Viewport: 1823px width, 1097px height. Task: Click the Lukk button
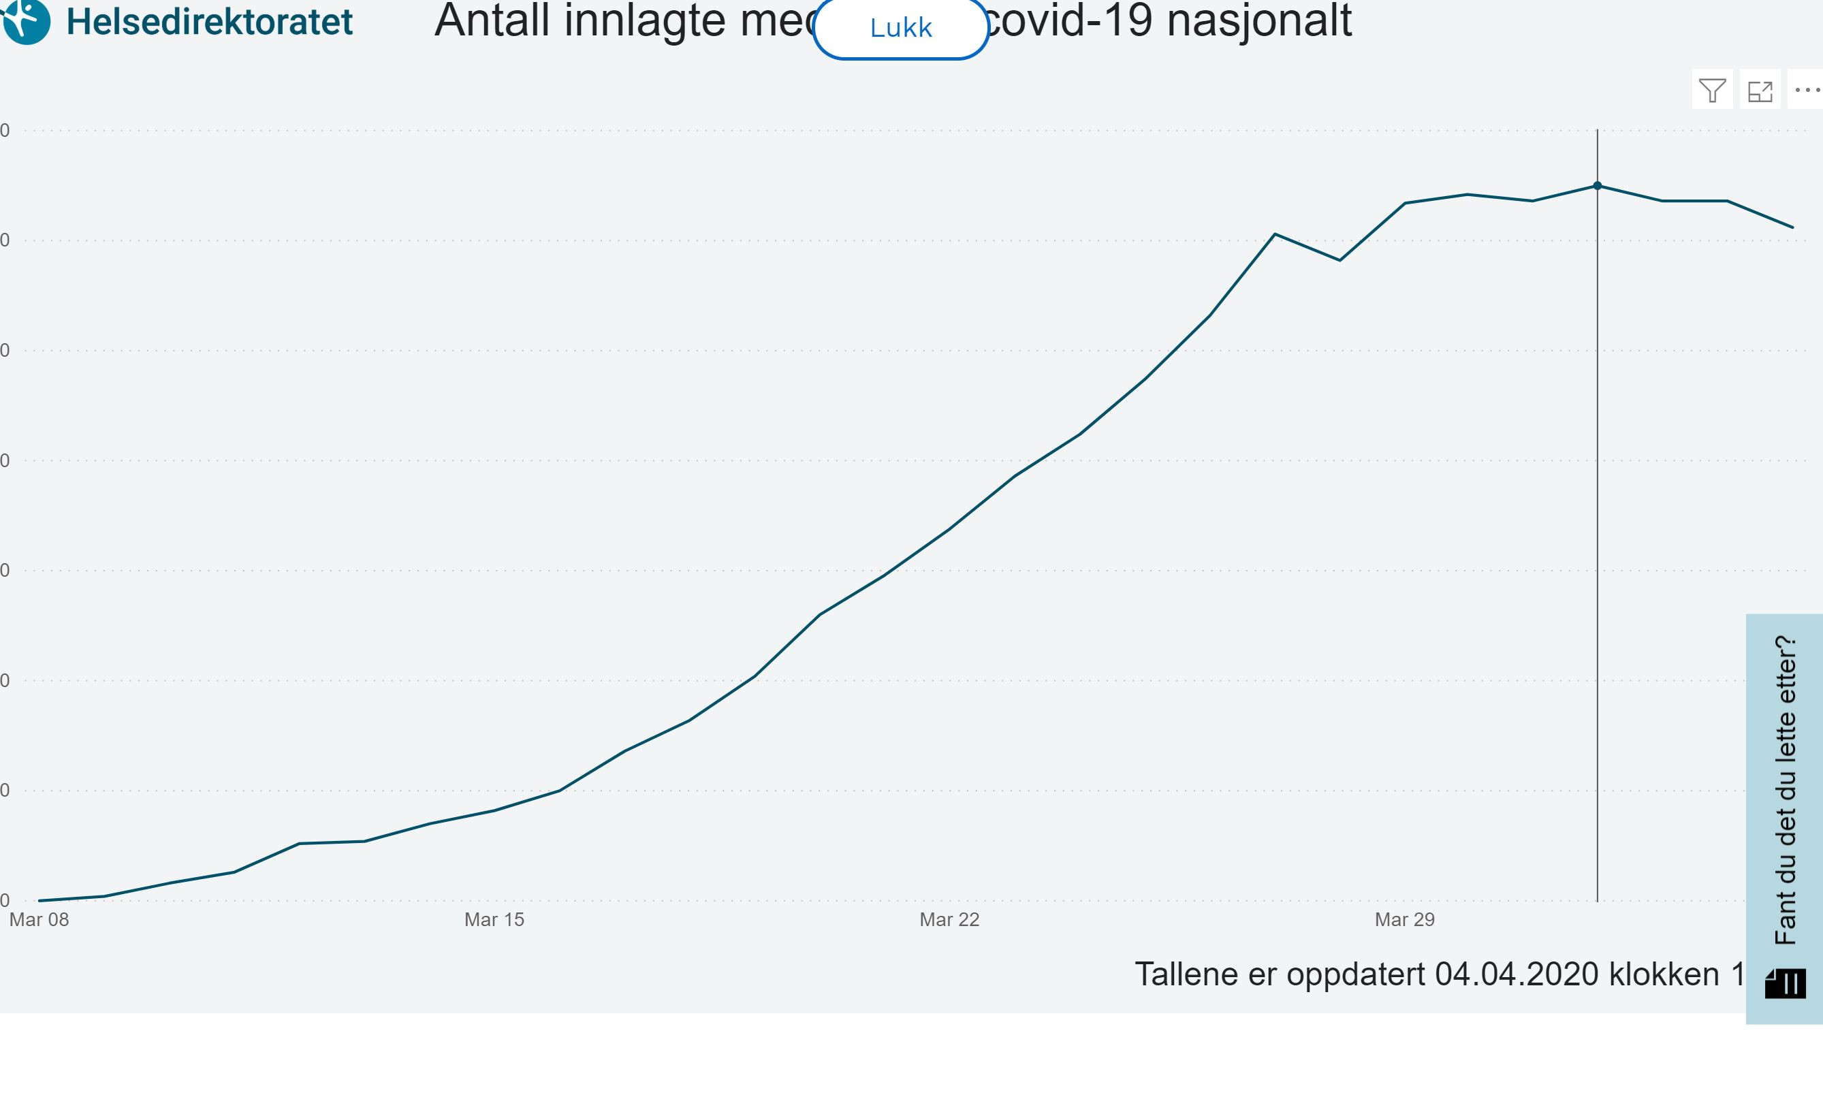tap(900, 28)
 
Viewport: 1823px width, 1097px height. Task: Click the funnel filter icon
tap(1712, 90)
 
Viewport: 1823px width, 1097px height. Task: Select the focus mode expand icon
tap(1760, 90)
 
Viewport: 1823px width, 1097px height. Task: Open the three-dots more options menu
tap(1807, 90)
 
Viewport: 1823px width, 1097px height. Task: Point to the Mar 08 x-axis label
tap(39, 919)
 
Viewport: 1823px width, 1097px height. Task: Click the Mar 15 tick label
tap(494, 919)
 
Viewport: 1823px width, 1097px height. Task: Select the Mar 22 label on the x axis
tap(949, 919)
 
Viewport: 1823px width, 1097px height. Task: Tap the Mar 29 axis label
tap(1404, 919)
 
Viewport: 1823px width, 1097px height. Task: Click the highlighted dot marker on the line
tap(1598, 185)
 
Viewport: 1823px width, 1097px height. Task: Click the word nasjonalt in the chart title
tap(1260, 20)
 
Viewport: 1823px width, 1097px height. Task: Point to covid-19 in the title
tap(1068, 20)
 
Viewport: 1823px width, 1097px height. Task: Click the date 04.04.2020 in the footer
tap(1516, 974)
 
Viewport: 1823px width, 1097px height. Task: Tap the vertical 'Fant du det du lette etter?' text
tap(1785, 789)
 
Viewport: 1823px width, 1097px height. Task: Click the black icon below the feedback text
tap(1785, 984)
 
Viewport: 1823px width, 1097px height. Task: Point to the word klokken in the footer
tap(1664, 974)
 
